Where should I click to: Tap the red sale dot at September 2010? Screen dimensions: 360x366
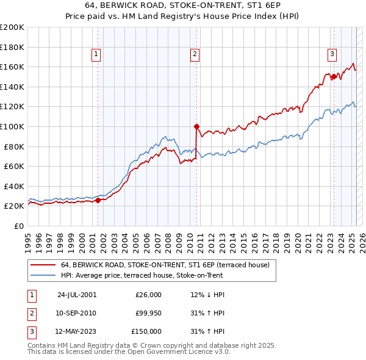196,127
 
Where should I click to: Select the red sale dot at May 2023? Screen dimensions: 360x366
334,77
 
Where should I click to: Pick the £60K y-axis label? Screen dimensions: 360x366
14,166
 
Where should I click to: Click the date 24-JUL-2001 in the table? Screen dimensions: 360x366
77,295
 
